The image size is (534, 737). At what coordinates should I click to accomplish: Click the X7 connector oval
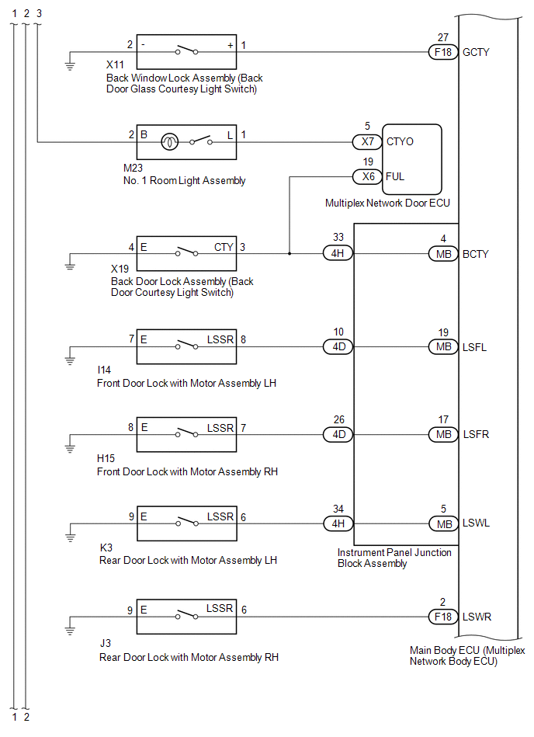click(x=367, y=141)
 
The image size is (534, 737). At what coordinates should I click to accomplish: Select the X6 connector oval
click(x=367, y=177)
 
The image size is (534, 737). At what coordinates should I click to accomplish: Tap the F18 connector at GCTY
click(x=443, y=52)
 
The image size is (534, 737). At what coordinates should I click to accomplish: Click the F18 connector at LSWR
click(x=443, y=617)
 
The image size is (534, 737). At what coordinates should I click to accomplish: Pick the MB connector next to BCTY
click(x=443, y=254)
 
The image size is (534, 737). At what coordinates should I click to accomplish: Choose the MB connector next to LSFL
click(x=443, y=347)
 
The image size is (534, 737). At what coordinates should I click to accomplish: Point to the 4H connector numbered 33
click(x=338, y=253)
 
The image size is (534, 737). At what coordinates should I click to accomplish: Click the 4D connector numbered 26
click(x=338, y=434)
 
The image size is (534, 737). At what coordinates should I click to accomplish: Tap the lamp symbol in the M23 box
click(x=169, y=142)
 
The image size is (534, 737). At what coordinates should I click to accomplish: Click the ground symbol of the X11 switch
click(x=70, y=65)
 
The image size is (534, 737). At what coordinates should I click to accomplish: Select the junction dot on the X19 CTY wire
click(x=290, y=254)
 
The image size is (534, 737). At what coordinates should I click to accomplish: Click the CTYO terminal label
click(x=400, y=141)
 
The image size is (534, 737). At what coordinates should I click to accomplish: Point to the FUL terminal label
click(x=395, y=177)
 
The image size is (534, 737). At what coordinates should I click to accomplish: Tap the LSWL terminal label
click(x=476, y=523)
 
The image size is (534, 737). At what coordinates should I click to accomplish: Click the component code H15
click(x=106, y=458)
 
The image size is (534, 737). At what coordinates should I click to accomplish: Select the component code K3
click(x=106, y=548)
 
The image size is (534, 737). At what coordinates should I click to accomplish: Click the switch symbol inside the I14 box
click(x=186, y=346)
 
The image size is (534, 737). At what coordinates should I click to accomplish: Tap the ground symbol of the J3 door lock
click(x=70, y=631)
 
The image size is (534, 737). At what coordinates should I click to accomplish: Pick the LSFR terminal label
click(x=476, y=434)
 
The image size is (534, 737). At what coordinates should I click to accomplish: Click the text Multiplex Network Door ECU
click(x=387, y=203)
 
